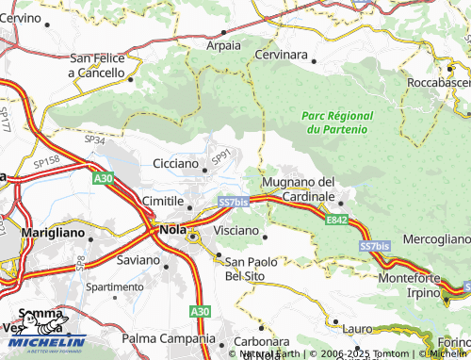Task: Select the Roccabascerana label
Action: click(x=438, y=84)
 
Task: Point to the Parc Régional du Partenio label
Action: click(x=336, y=121)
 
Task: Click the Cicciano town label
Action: click(x=174, y=164)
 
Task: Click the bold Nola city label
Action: click(x=171, y=229)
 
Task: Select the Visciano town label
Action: click(x=236, y=230)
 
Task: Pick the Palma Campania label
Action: click(x=169, y=338)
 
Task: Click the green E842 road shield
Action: click(x=338, y=220)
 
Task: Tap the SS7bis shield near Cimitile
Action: click(x=233, y=202)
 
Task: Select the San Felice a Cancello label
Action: click(x=98, y=65)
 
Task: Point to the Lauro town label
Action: click(x=358, y=329)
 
